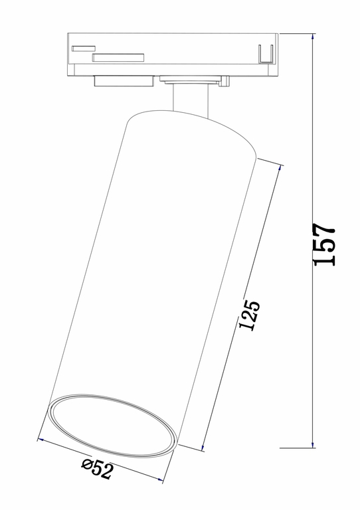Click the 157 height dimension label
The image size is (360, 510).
(325, 245)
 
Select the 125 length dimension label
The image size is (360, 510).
(250, 316)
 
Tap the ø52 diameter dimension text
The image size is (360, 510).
(98, 469)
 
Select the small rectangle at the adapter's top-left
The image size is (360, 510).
(84, 47)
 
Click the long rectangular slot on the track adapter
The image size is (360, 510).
(118, 58)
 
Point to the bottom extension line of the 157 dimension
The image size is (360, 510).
(296, 448)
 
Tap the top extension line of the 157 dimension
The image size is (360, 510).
(296, 33)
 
